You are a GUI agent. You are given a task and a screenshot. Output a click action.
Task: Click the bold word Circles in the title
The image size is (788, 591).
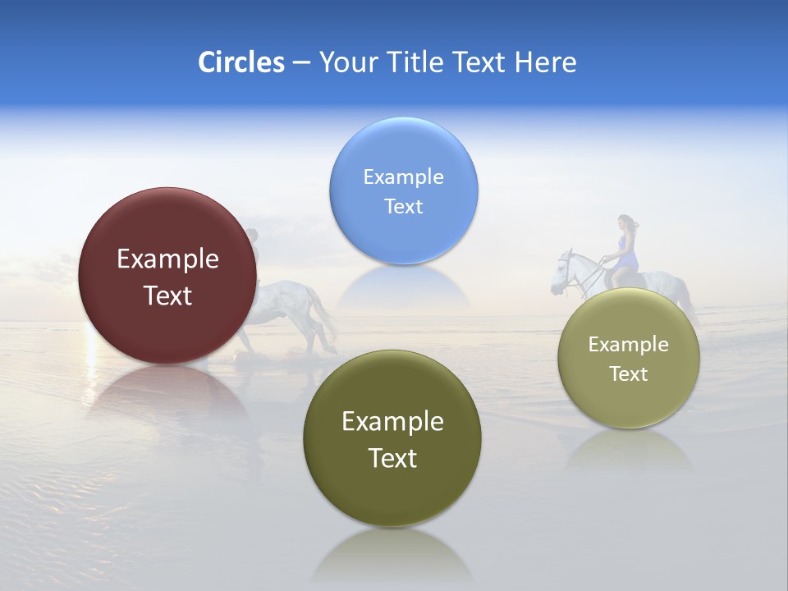tap(241, 62)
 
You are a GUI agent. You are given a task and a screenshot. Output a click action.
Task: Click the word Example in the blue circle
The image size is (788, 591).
tap(403, 176)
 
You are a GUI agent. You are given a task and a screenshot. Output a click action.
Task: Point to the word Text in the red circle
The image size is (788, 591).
tap(167, 295)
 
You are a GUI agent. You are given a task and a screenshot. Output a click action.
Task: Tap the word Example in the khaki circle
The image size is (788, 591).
tap(629, 344)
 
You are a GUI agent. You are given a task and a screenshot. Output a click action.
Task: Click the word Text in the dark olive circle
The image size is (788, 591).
tap(392, 457)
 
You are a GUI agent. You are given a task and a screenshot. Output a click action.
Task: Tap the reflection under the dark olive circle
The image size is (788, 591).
tap(392, 554)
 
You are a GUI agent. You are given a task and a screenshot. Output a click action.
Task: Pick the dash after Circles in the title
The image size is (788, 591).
tap(300, 63)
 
